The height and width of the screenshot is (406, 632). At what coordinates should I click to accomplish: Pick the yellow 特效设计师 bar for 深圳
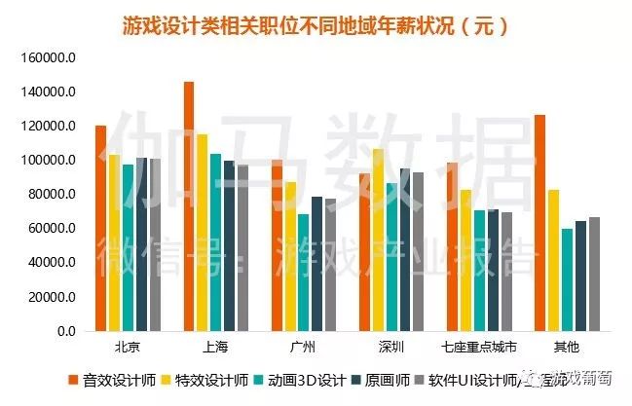coord(378,240)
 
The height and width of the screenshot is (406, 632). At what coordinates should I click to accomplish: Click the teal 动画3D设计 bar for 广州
coord(304,273)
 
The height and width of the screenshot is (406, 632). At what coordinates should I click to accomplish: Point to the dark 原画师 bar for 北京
coord(141,244)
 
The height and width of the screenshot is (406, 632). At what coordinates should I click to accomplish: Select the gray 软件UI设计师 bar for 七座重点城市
coord(506,272)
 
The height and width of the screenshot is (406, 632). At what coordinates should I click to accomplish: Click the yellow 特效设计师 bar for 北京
coord(114,242)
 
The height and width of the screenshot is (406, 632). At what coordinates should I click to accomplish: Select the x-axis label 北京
coord(127,347)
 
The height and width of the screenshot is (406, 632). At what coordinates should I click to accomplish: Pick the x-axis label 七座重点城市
coord(478,347)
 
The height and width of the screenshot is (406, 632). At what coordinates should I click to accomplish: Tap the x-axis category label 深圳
coord(391,347)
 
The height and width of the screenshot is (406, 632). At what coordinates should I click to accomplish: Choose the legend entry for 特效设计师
coord(212,380)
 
